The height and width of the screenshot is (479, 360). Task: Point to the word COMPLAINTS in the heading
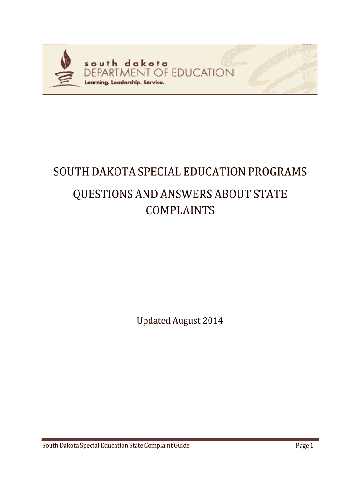coord(180,210)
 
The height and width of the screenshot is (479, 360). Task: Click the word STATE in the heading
coord(271,194)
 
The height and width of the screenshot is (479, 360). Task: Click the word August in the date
coord(187,321)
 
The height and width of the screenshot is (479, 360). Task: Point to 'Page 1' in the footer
coord(304,446)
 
